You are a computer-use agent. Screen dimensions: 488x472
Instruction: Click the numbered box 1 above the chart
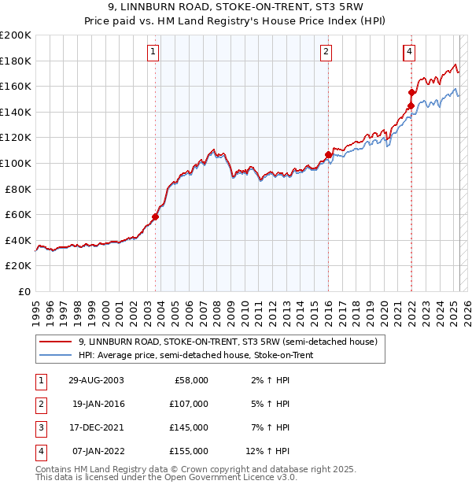pyautogui.click(x=152, y=53)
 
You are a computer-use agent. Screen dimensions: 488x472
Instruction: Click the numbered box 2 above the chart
pyautogui.click(x=325, y=53)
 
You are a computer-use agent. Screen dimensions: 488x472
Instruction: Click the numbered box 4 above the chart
pyautogui.click(x=411, y=53)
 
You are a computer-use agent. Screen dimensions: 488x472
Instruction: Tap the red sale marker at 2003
pyautogui.click(x=156, y=217)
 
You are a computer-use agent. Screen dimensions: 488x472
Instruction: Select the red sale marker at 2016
pyautogui.click(x=328, y=154)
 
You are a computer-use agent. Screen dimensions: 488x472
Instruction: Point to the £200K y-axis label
pyautogui.click(x=16, y=35)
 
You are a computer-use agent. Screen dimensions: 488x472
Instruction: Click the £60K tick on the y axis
pyautogui.click(x=18, y=214)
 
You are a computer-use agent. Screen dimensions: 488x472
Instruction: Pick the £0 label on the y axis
pyautogui.click(x=25, y=291)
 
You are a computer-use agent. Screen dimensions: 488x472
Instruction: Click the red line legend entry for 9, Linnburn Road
pyautogui.click(x=228, y=342)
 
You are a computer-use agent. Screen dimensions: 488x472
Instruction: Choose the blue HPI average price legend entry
pyautogui.click(x=204, y=355)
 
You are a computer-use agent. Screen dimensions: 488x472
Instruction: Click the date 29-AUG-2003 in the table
pyautogui.click(x=96, y=380)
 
